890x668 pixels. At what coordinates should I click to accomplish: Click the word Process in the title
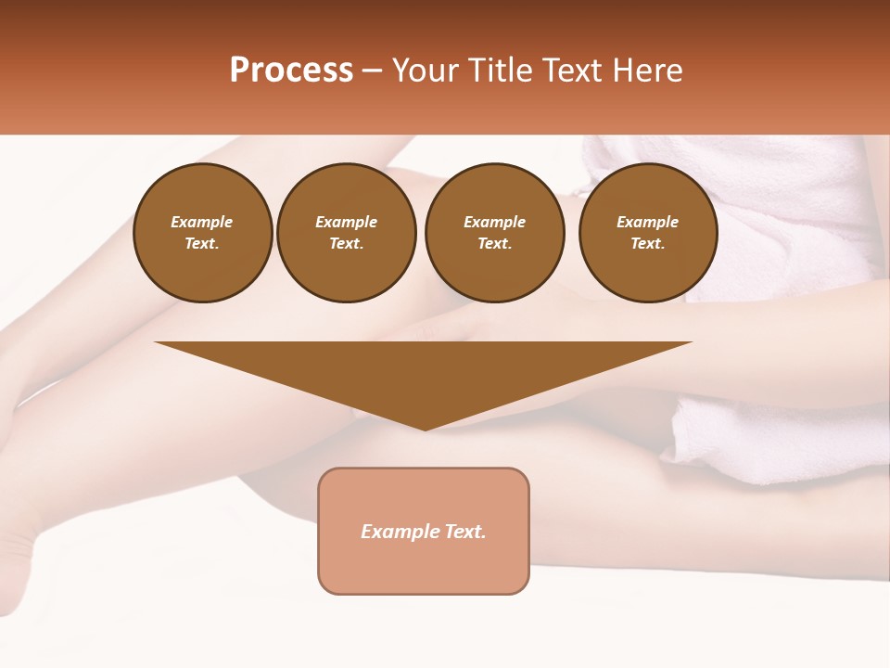pos(291,71)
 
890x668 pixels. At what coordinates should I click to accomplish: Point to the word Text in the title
pos(573,71)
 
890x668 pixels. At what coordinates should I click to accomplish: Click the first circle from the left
pos(202,233)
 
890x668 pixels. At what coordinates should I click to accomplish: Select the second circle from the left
pos(346,233)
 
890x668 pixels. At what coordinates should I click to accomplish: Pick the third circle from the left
pos(494,233)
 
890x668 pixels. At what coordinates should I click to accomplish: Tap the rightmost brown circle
pos(647,233)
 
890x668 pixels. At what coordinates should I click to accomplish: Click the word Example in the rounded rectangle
pos(399,532)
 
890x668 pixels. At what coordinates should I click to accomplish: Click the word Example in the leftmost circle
pos(202,223)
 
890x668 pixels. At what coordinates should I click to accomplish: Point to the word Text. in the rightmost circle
pos(647,244)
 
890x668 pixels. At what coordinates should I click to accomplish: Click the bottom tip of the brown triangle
pos(424,427)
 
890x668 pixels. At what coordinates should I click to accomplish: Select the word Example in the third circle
pos(494,223)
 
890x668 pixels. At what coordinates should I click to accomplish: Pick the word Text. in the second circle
pos(346,244)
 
